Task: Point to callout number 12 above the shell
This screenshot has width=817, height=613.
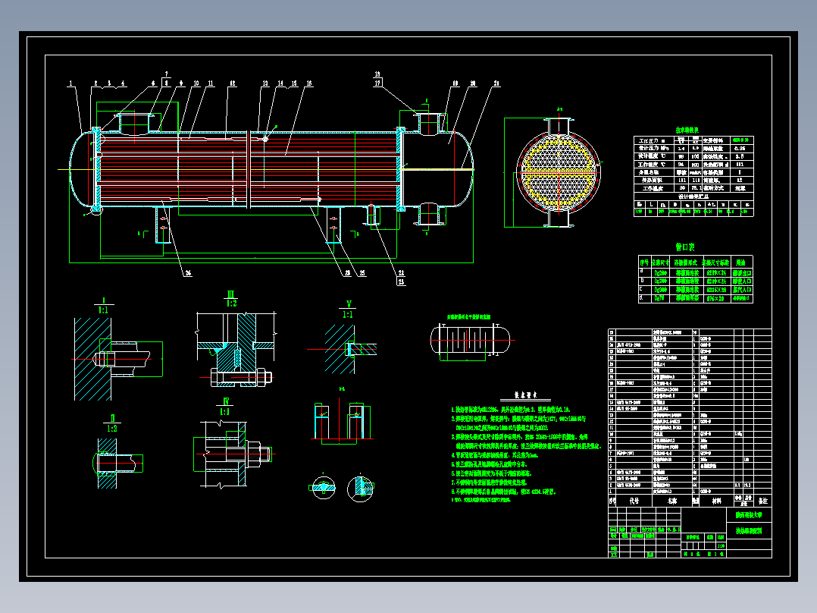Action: [x=232, y=83]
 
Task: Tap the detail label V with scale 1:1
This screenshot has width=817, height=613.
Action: [x=348, y=309]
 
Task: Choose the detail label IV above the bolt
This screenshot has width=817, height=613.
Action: [x=225, y=405]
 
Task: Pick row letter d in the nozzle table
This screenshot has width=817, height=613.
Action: [x=643, y=299]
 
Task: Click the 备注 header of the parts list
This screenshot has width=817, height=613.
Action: [x=762, y=501]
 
